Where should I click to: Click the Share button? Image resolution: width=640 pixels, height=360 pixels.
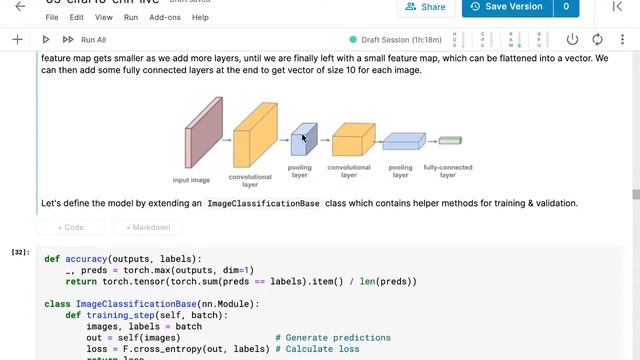[425, 7]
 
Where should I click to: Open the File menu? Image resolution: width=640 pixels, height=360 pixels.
[52, 17]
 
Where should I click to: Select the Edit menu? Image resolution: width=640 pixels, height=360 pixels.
[76, 17]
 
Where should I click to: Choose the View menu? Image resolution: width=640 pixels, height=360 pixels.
[103, 17]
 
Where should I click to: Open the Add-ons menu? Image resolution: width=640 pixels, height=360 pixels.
[165, 17]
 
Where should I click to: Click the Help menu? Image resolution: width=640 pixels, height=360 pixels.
[200, 17]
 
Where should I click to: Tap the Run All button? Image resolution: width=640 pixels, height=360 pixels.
[84, 40]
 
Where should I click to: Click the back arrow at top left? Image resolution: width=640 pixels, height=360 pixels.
[20, 7]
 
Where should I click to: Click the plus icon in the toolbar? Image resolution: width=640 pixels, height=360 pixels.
[17, 40]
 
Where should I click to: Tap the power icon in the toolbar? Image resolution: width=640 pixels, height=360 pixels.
[573, 40]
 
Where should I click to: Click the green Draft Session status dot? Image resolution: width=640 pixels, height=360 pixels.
[353, 40]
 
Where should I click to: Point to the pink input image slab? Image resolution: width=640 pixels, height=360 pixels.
[204, 133]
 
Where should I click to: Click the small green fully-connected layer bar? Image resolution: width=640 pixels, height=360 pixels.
[449, 141]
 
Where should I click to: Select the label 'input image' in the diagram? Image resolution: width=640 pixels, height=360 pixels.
[191, 180]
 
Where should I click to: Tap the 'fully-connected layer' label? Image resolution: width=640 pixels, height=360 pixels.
[447, 171]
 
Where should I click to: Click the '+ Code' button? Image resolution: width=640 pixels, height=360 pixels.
[71, 227]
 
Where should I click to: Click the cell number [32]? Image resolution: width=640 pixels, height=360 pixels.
[20, 252]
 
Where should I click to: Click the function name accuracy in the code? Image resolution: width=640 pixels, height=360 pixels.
[86, 259]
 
